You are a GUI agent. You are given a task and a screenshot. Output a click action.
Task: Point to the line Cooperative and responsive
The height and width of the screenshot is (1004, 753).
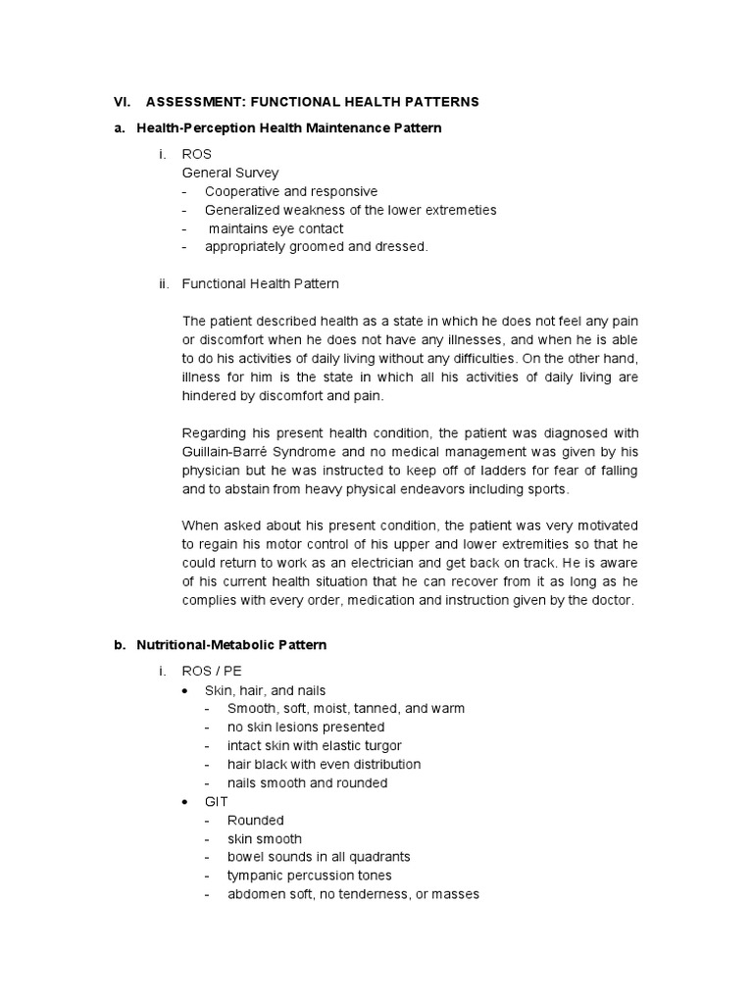290,191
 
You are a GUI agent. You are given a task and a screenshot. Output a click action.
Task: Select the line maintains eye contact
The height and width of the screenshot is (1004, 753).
275,228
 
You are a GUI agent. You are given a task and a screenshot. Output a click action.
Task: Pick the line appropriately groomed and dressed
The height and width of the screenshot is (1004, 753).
316,247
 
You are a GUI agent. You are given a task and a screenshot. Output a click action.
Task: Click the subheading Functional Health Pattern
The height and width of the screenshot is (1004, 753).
260,284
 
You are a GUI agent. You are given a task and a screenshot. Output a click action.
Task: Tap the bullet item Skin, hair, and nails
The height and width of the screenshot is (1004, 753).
264,690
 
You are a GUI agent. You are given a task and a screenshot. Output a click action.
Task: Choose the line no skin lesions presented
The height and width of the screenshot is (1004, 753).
305,728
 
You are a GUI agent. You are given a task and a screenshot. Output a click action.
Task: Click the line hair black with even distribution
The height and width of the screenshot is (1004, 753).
324,764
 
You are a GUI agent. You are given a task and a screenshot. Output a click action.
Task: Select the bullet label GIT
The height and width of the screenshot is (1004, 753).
216,801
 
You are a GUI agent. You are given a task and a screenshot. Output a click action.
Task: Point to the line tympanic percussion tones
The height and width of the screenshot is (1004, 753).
309,876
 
